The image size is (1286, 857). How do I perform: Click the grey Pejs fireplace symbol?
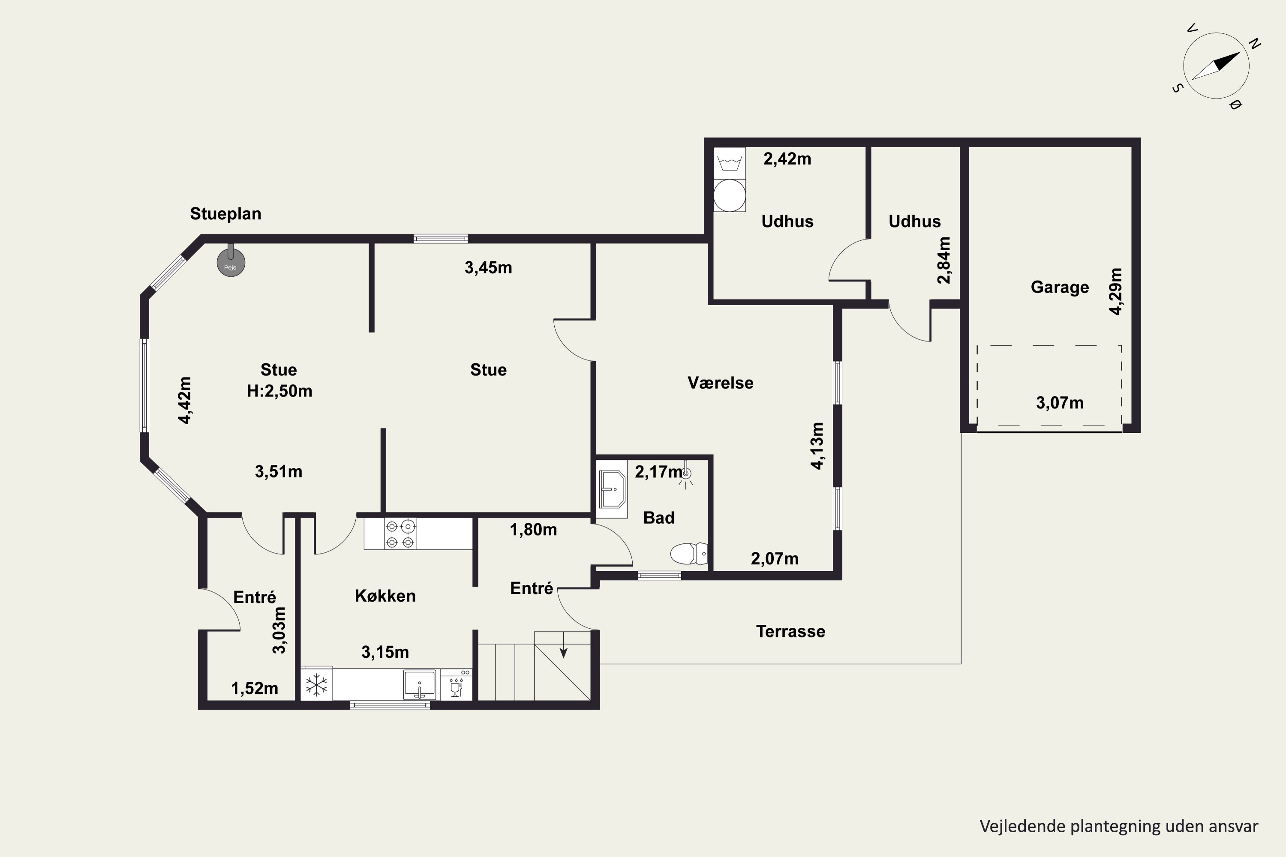click(x=231, y=263)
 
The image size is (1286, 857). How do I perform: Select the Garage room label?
click(x=1060, y=288)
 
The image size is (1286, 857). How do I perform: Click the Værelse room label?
click(x=720, y=383)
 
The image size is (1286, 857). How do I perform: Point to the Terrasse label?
click(x=790, y=632)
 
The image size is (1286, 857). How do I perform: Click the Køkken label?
click(x=385, y=596)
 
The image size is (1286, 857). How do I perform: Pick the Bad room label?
click(x=658, y=518)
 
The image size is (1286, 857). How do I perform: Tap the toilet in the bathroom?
click(x=688, y=554)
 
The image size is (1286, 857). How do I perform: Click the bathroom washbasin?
click(x=612, y=489)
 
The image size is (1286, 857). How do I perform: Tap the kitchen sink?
click(x=419, y=685)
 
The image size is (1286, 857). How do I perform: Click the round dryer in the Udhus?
click(x=730, y=195)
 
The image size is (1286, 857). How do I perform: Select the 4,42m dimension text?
click(x=185, y=400)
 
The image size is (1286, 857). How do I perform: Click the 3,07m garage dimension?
click(x=1059, y=403)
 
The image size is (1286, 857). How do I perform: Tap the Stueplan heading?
click(x=225, y=214)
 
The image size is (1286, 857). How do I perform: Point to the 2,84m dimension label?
click(x=944, y=260)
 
